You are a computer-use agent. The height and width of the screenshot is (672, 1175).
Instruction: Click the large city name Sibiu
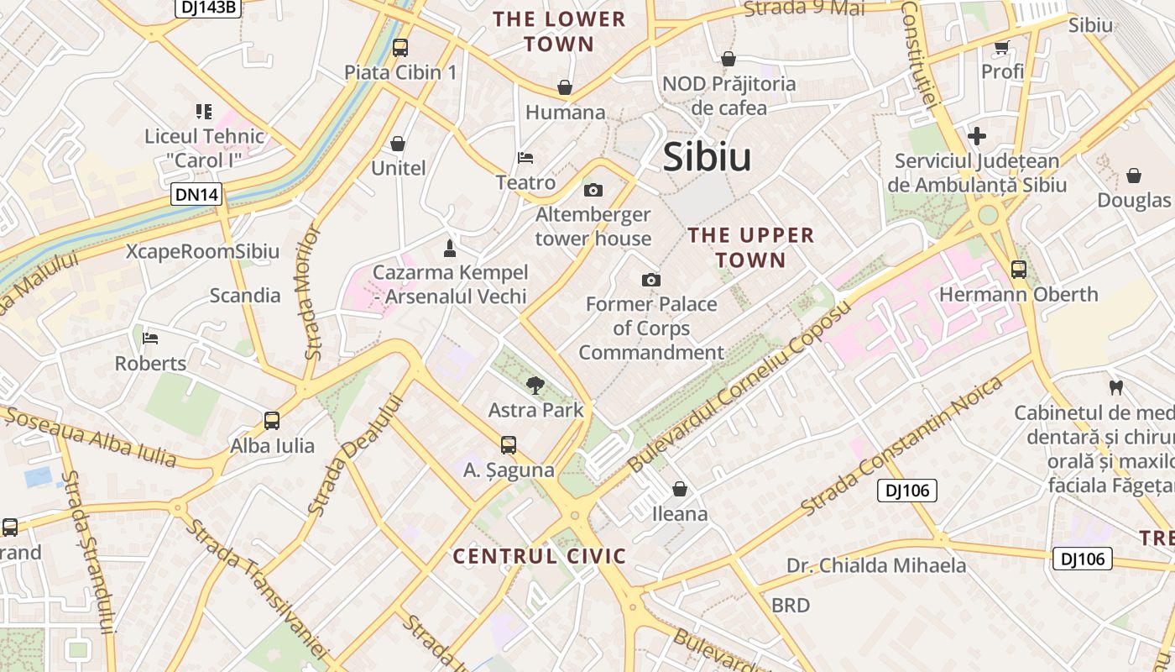(707, 157)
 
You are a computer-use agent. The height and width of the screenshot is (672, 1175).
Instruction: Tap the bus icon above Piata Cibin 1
(400, 48)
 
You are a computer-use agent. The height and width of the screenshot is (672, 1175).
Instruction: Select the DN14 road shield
(197, 195)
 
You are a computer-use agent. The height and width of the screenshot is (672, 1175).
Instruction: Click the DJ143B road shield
(207, 8)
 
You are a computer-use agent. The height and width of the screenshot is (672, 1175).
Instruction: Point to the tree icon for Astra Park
(535, 386)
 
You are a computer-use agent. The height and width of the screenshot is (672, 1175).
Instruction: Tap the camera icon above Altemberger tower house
(593, 191)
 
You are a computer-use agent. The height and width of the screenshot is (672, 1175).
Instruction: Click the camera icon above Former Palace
(650, 280)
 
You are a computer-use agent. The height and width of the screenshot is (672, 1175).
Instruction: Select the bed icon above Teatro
(525, 158)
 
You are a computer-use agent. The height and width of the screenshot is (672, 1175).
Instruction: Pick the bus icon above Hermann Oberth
(1018, 270)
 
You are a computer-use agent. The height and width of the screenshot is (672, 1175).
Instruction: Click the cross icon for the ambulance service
(977, 136)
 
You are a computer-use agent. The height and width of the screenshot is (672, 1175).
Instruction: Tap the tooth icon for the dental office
(1115, 388)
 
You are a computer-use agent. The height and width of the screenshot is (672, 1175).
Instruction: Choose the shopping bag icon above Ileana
(680, 489)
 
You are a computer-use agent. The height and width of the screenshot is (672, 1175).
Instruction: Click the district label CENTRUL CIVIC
(540, 556)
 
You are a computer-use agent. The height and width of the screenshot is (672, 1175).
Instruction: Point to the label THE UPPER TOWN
(751, 247)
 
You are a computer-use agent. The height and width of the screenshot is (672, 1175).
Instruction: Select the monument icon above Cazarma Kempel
(450, 248)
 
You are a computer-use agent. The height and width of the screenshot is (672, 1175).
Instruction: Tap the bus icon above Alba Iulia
(272, 421)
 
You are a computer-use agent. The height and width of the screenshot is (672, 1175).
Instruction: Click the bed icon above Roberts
(150, 339)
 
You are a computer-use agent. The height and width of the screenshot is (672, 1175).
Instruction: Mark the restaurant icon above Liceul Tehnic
(203, 111)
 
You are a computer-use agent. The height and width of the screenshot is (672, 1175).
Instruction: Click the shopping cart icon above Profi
(1001, 47)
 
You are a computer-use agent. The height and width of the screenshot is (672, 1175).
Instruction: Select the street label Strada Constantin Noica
(902, 446)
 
